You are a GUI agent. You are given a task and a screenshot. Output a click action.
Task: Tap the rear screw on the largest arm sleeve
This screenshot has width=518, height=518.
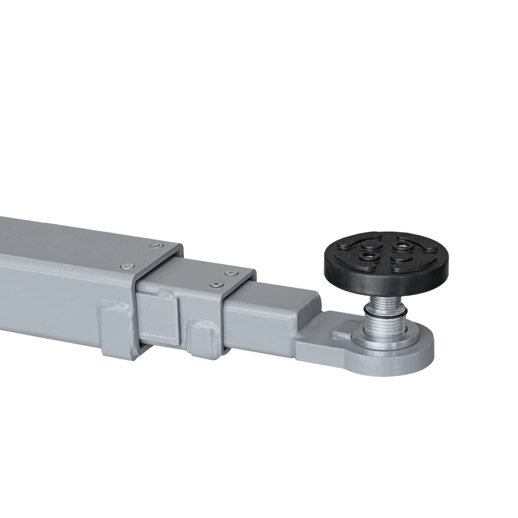click(154, 246)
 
